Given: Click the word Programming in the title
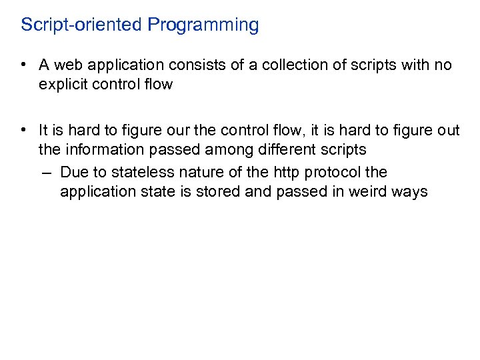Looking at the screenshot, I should point(203,25).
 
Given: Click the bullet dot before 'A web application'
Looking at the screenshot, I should point(23,65).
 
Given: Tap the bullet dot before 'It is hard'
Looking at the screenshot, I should point(23,131).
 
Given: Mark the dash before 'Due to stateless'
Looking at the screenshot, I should point(45,173).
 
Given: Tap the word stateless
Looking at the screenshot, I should point(145,173).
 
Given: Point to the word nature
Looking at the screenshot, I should point(200,173).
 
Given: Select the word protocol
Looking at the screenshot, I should point(332,173).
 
